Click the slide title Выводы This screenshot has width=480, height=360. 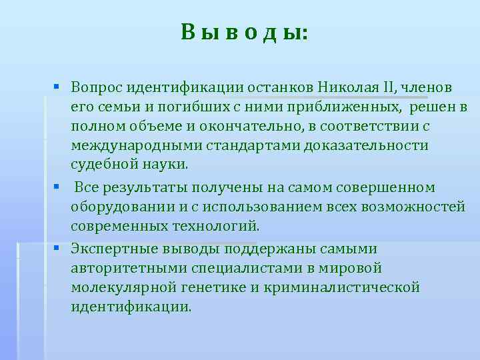pos(244,31)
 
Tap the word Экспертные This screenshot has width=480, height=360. pos(115,249)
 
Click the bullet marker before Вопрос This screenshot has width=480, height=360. pos(59,87)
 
